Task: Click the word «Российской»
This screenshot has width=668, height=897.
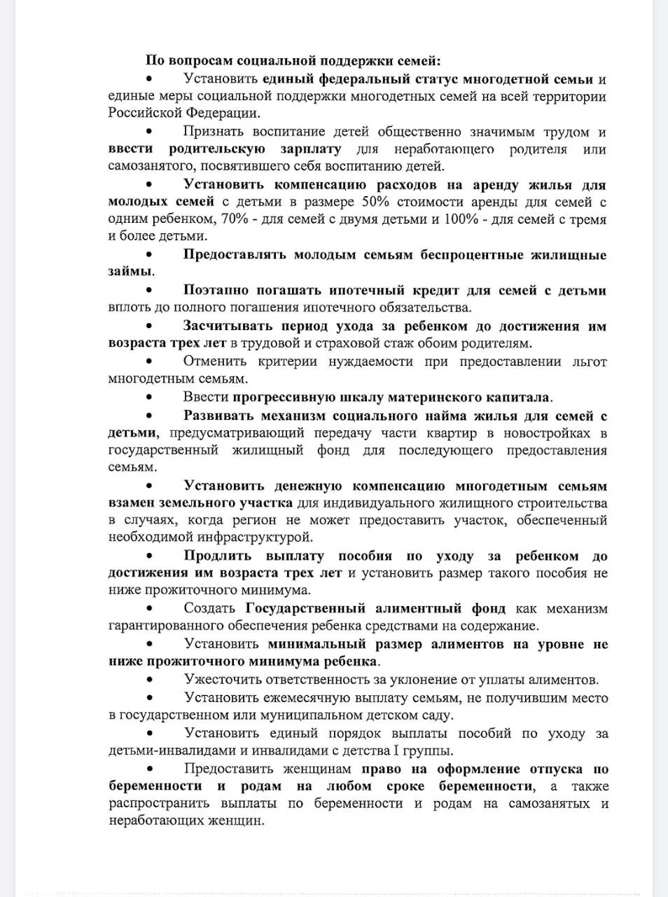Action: [144, 113]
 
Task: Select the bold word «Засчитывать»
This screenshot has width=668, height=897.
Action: [228, 326]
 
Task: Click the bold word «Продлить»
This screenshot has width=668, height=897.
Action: [217, 556]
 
